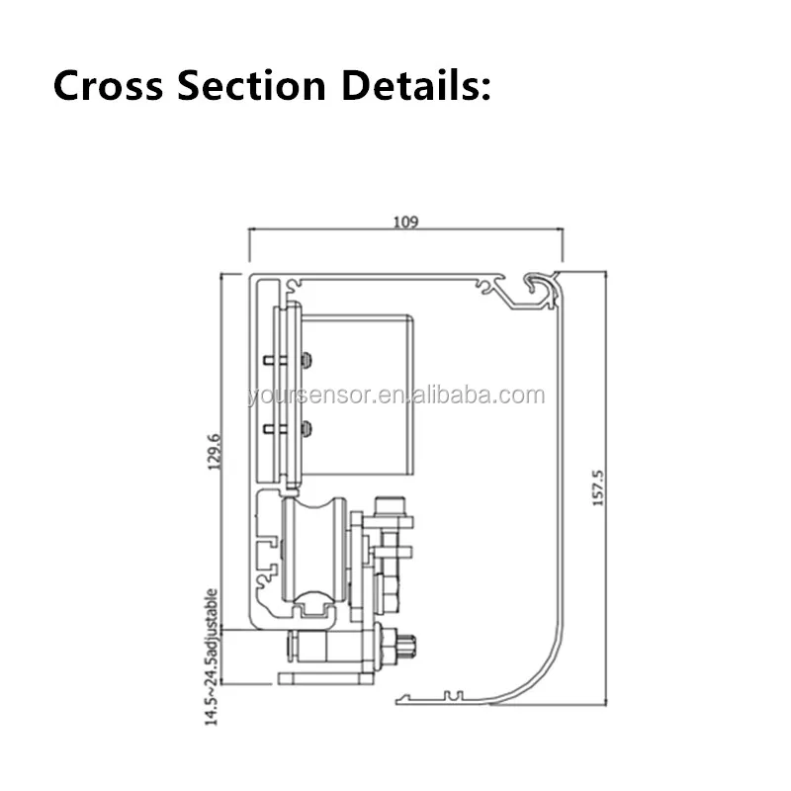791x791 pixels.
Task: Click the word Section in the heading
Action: [x=251, y=86]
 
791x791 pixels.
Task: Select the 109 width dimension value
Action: [x=405, y=221]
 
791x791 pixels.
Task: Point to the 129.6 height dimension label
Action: [x=217, y=449]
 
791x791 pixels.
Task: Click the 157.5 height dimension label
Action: [x=596, y=487]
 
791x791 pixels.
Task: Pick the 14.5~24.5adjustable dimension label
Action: [x=211, y=658]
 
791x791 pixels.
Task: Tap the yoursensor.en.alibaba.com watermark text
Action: [x=395, y=396]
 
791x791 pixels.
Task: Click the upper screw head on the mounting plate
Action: [x=308, y=359]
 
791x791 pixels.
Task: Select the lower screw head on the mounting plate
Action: [x=308, y=428]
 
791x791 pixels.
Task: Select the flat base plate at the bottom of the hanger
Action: [x=326, y=678]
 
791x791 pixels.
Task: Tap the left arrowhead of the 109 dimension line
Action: [x=251, y=229]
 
